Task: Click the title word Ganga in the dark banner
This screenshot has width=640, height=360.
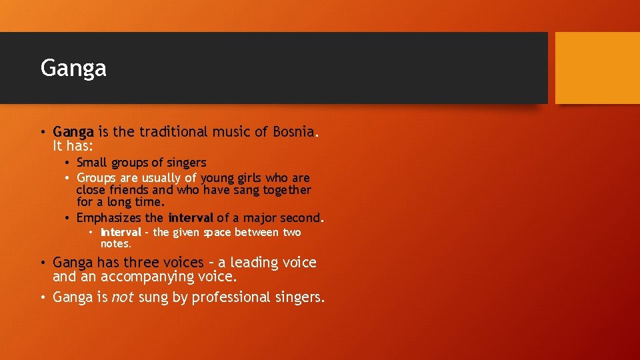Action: tap(73, 68)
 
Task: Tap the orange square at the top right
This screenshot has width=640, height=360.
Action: tap(597, 68)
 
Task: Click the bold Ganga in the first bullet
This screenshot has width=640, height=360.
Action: tap(75, 132)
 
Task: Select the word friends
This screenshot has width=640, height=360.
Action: tap(137, 190)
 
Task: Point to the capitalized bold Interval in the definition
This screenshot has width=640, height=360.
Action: tap(121, 233)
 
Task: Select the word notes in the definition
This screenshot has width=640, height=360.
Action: tap(115, 243)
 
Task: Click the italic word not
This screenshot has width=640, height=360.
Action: tap(122, 297)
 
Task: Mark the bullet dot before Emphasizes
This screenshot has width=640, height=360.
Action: tap(69, 219)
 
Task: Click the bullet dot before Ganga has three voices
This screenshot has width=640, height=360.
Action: tap(44, 263)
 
